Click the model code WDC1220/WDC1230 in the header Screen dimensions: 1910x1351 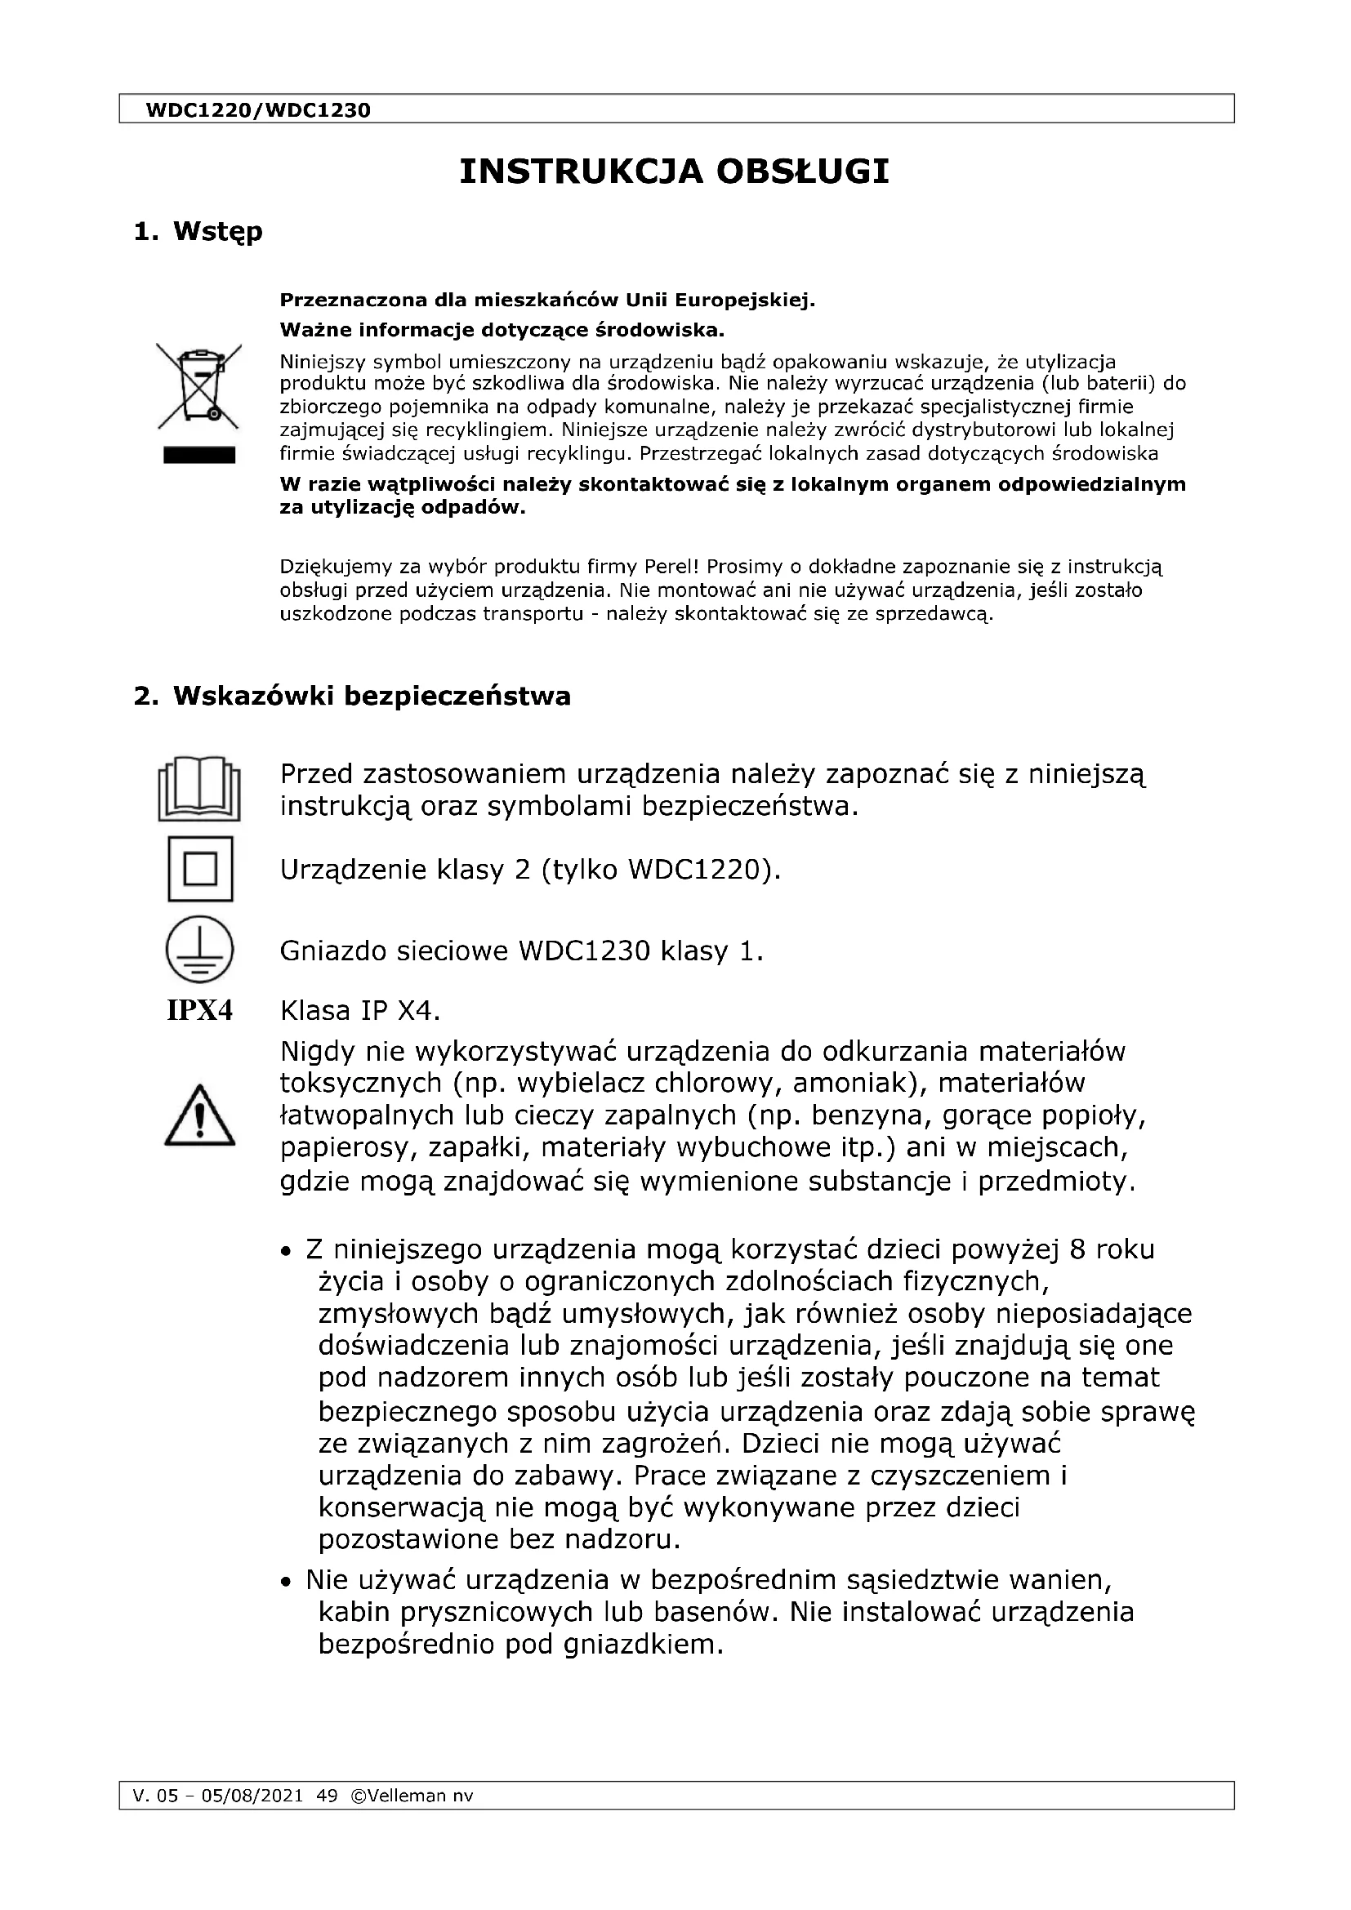(258, 109)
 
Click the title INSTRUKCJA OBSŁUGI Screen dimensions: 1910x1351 (675, 171)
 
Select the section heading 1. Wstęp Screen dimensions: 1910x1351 (198, 231)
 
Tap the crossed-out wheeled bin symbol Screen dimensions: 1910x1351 (198, 386)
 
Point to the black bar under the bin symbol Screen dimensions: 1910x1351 (198, 455)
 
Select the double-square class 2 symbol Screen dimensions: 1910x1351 (199, 870)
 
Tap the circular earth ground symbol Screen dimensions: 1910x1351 (199, 949)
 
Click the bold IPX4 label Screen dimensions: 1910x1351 (199, 1011)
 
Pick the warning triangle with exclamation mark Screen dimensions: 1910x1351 (199, 1116)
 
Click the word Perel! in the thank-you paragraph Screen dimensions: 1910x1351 (672, 568)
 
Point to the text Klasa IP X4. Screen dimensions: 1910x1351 (359, 1011)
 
